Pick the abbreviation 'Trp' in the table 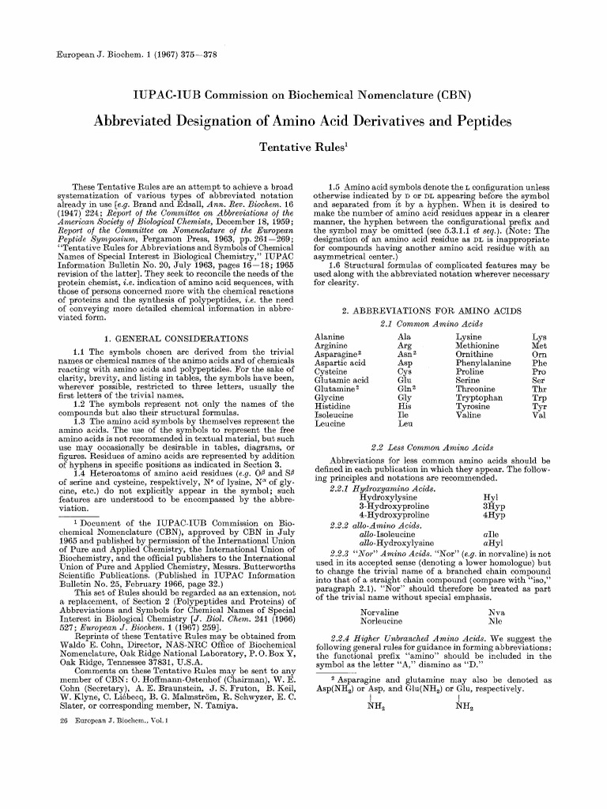point(539,398)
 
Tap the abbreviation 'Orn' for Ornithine point(539,357)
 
